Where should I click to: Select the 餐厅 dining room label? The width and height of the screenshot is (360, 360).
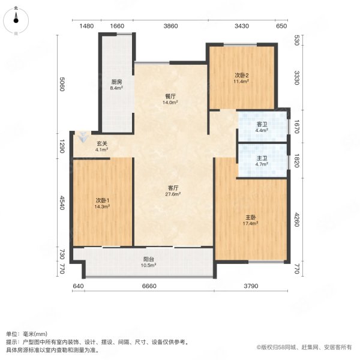click(171, 96)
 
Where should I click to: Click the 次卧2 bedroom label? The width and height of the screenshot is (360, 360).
click(241, 75)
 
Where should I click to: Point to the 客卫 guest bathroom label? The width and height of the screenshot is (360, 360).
click(262, 124)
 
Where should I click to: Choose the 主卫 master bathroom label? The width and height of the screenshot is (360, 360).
click(262, 158)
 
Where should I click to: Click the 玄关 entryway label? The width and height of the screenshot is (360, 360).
click(102, 143)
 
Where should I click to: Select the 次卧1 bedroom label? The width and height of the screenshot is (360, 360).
click(101, 200)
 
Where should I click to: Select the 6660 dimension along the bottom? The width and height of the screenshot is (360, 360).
click(149, 286)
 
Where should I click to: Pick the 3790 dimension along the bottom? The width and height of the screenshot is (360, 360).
click(251, 286)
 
